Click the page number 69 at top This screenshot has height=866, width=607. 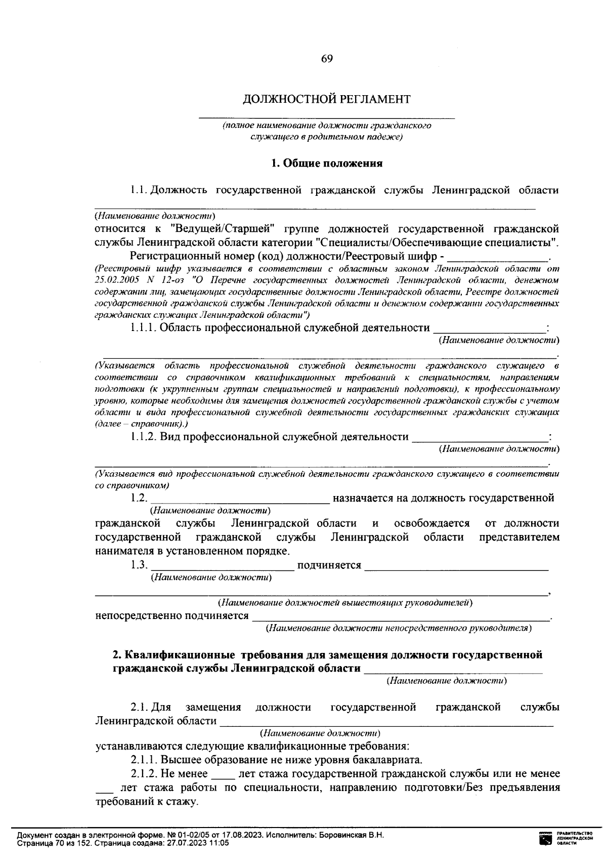click(x=327, y=59)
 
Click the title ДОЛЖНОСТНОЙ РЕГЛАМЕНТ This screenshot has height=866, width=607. click(x=327, y=99)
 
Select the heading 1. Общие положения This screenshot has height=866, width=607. click(x=327, y=163)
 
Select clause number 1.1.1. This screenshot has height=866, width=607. click(x=144, y=328)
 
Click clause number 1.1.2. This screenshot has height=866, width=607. click(x=144, y=437)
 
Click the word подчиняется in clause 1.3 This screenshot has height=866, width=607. click(x=329, y=565)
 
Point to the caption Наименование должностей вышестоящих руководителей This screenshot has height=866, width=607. click(x=345, y=603)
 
